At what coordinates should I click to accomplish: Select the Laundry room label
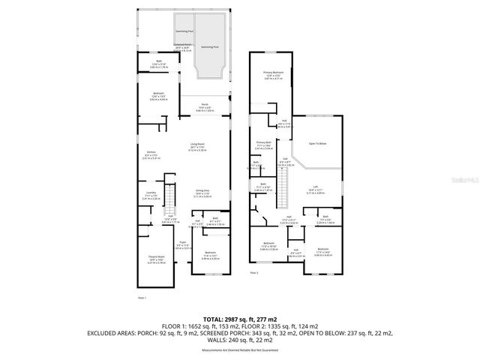pyautogui.click(x=150, y=195)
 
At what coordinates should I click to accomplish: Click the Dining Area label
pyautogui.click(x=202, y=193)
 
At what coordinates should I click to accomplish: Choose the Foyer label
pyautogui.click(x=182, y=244)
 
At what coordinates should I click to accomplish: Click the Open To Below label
pyautogui.click(x=318, y=143)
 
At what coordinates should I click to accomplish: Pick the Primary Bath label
pyautogui.click(x=263, y=144)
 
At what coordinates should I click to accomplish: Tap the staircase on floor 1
pyautogui.click(x=170, y=199)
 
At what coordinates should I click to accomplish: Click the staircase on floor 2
pyautogui.click(x=285, y=181)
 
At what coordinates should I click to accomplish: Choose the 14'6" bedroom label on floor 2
pyautogui.click(x=322, y=250)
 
